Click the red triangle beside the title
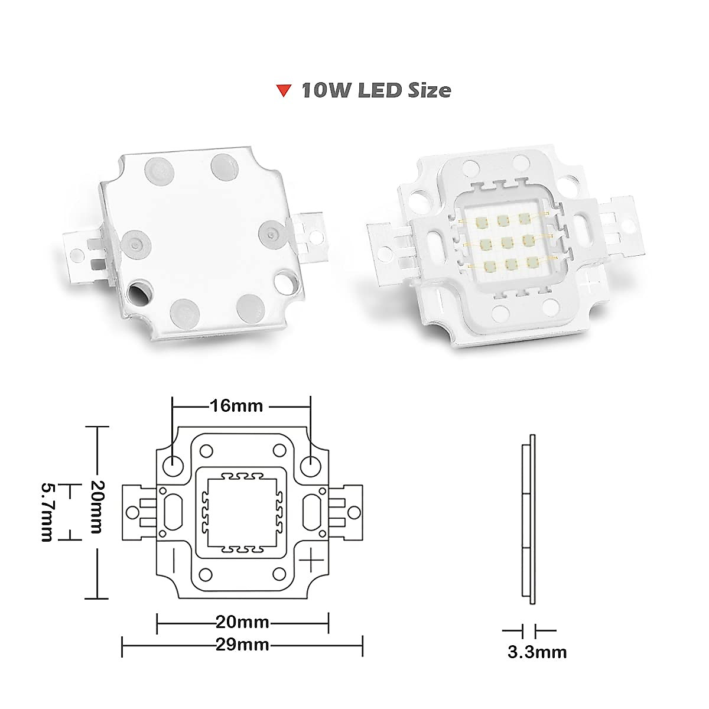tap(284, 91)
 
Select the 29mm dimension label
tap(242, 645)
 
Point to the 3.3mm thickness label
tap(536, 652)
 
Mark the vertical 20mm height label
tap(95, 506)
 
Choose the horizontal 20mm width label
tap(242, 622)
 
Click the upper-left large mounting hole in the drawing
tap(173, 464)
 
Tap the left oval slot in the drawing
tap(174, 512)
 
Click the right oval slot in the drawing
tap(311, 512)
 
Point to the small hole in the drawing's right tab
tap(354, 512)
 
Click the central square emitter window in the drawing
tap(242, 512)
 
